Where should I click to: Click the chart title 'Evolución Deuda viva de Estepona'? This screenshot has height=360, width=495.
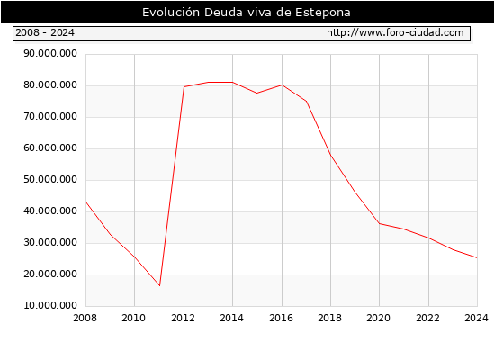(x=247, y=13)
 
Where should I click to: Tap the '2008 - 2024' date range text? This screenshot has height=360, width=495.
(x=45, y=32)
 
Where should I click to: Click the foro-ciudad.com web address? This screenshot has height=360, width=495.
(x=395, y=32)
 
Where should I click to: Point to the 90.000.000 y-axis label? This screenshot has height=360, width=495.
(x=50, y=53)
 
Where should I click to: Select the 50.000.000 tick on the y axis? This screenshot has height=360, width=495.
(x=50, y=179)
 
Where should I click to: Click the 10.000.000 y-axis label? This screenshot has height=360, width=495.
(x=50, y=305)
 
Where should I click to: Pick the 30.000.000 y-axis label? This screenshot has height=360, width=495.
(x=50, y=242)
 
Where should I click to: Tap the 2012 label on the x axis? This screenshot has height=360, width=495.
(x=183, y=318)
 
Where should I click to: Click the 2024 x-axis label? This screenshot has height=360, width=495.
(x=476, y=318)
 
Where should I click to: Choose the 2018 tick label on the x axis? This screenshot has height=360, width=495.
(x=330, y=318)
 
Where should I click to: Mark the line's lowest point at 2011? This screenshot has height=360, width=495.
(x=159, y=286)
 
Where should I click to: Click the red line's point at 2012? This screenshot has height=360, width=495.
(x=184, y=86)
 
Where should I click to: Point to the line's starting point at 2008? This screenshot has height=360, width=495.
(x=86, y=202)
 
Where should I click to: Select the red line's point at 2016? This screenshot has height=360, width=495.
(x=282, y=85)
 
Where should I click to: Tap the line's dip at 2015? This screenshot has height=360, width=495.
(x=257, y=94)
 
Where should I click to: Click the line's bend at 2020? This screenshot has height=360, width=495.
(x=379, y=223)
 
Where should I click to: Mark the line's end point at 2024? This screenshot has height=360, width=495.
(x=477, y=258)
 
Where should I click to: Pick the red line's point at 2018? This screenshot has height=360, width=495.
(x=330, y=156)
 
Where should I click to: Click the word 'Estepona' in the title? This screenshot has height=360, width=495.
(x=323, y=13)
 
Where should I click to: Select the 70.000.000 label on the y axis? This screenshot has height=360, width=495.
(x=50, y=116)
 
